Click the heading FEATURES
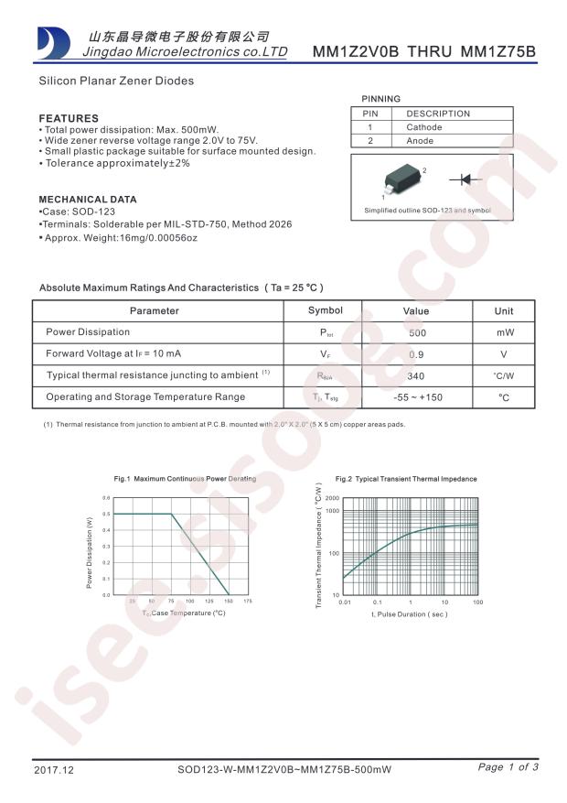click(x=69, y=118)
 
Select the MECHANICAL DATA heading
click(x=88, y=199)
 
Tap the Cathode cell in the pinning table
click(x=424, y=127)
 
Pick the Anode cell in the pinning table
click(x=420, y=141)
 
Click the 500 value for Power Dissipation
click(x=417, y=333)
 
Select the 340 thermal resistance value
click(x=417, y=376)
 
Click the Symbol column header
click(x=325, y=311)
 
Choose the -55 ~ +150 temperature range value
click(x=417, y=397)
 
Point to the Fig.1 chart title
click(x=185, y=479)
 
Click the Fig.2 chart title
click(x=406, y=479)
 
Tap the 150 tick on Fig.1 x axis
click(x=228, y=601)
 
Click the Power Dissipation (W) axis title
click(x=90, y=553)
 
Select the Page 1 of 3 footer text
click(x=508, y=767)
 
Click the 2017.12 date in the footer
click(x=52, y=768)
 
